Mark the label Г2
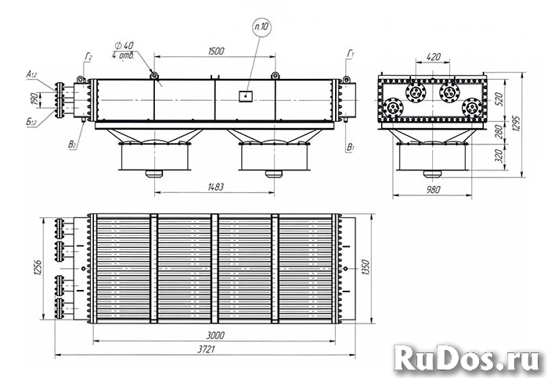click(89, 57)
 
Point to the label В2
click(73, 144)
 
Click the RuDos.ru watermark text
click(467, 359)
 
